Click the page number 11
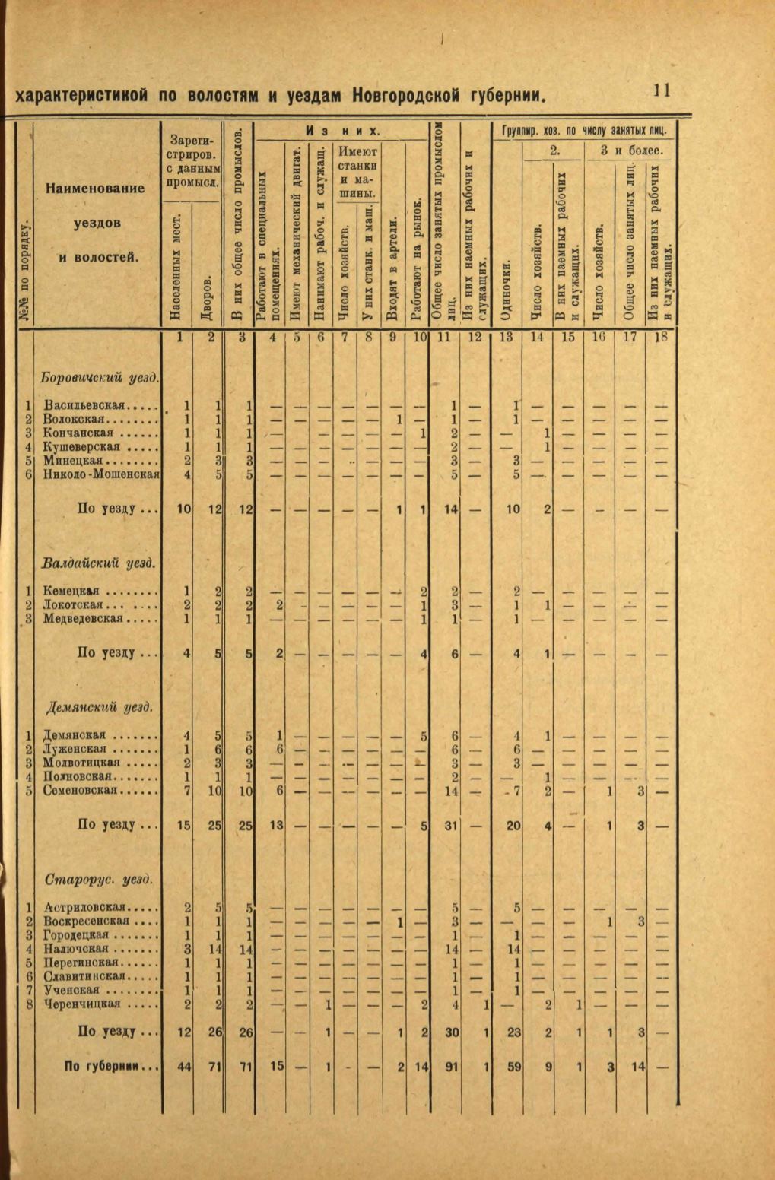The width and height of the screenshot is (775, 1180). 660,90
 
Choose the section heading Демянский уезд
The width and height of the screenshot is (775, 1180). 99,707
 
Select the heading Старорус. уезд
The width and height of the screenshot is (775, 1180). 99,880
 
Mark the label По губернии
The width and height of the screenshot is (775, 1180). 111,1066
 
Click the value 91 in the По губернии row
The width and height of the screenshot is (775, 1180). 452,1067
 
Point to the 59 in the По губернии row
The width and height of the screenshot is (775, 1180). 514,1067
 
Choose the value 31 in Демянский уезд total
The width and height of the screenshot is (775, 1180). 452,825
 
